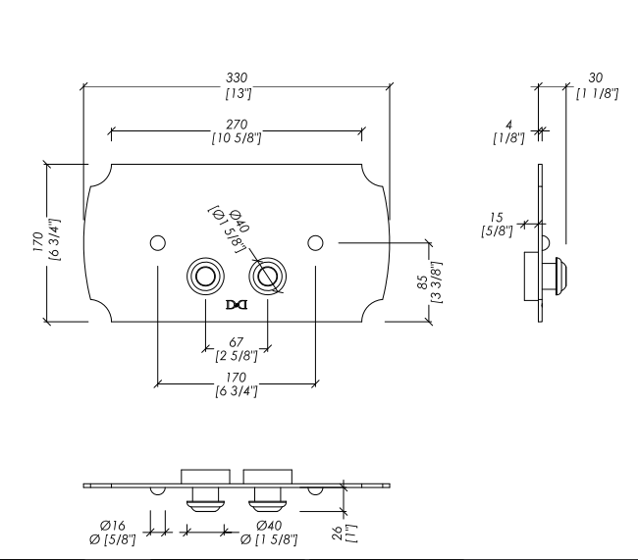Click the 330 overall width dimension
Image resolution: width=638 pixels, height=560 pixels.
pyautogui.click(x=236, y=77)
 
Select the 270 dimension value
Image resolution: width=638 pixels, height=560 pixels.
pyautogui.click(x=236, y=125)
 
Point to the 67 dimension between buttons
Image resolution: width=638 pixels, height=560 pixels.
pyautogui.click(x=236, y=342)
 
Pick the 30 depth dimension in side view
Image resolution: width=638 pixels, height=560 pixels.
pyautogui.click(x=596, y=77)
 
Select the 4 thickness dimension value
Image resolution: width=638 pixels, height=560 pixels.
pyautogui.click(x=508, y=125)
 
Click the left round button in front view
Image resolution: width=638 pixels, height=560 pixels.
pyautogui.click(x=205, y=276)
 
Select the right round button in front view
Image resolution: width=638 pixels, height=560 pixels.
pyautogui.click(x=267, y=276)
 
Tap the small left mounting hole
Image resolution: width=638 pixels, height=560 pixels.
pyautogui.click(x=156, y=242)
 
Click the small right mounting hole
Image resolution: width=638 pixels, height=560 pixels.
pyautogui.click(x=315, y=242)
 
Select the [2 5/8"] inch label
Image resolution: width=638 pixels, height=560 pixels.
pyautogui.click(x=236, y=355)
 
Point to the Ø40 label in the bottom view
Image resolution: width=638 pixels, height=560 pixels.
pyautogui.click(x=269, y=526)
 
